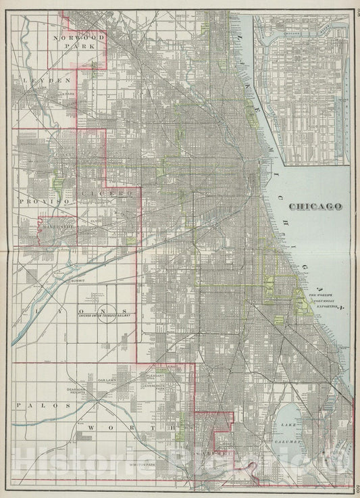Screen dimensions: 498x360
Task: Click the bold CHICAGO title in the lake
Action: [x=314, y=206]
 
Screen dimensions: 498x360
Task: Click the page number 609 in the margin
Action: [x=355, y=488]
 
